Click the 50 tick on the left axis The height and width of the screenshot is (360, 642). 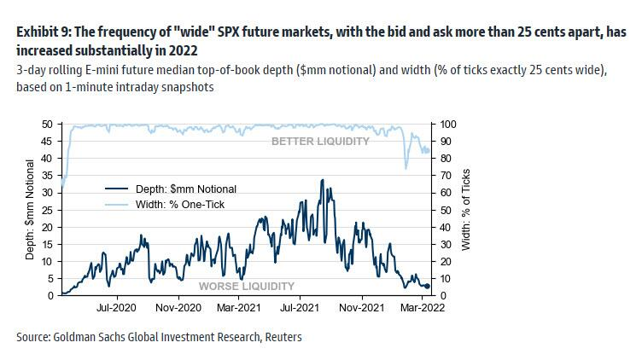pyautogui.click(x=49, y=125)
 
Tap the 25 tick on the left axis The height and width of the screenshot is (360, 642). pyautogui.click(x=49, y=210)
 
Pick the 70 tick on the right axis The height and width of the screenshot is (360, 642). pyautogui.click(x=446, y=176)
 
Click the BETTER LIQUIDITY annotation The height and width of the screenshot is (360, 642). pyautogui.click(x=320, y=141)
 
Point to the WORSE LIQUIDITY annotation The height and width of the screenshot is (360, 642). pyautogui.click(x=247, y=286)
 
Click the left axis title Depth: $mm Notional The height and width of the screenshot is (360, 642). pyautogui.click(x=29, y=210)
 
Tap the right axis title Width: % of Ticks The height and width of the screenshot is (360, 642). pyautogui.click(x=466, y=210)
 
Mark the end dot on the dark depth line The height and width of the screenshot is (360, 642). pyautogui.click(x=427, y=287)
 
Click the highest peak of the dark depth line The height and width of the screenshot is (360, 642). pyautogui.click(x=321, y=180)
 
